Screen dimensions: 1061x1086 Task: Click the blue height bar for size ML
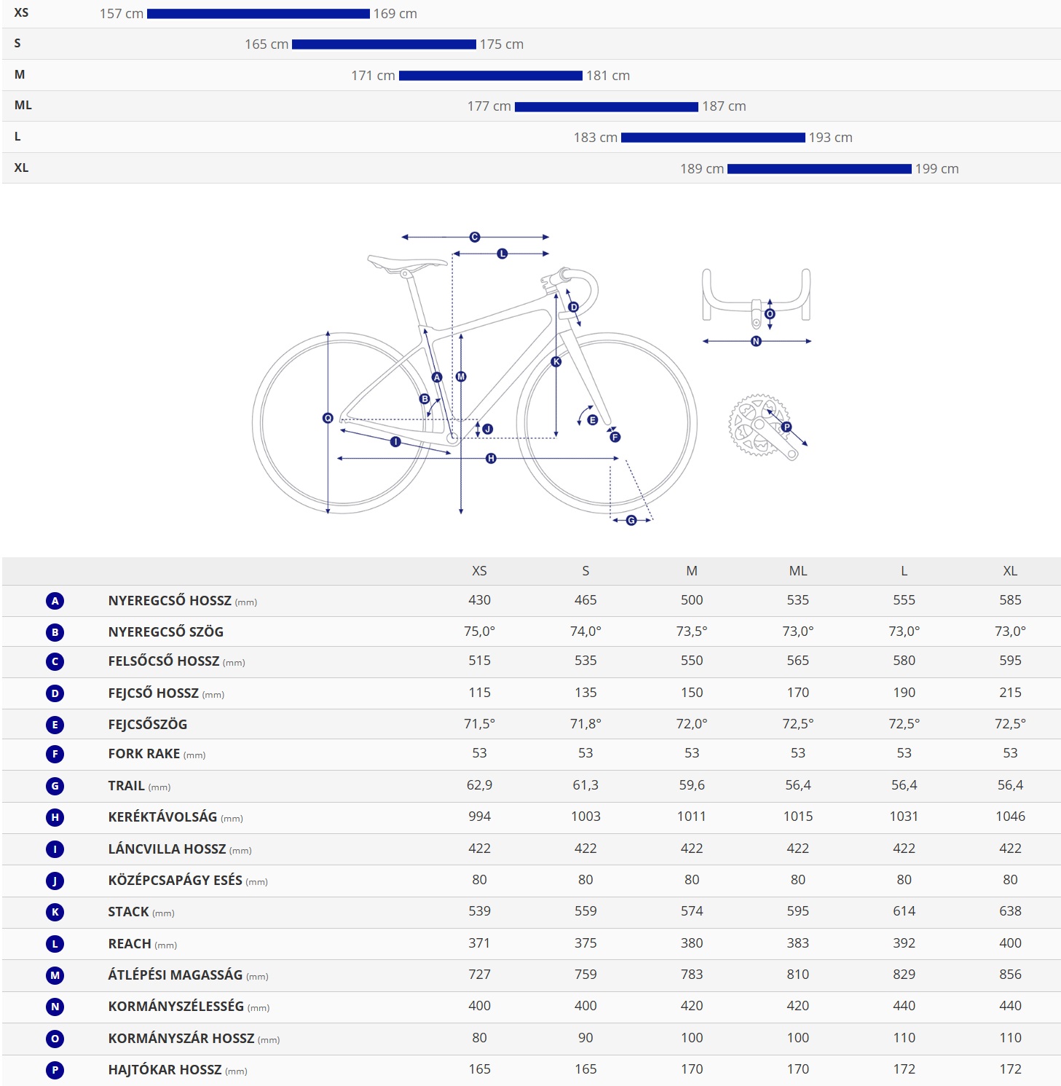[606, 107]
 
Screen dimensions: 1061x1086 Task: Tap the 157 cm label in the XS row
[121, 14]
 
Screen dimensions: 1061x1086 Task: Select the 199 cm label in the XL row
[936, 169]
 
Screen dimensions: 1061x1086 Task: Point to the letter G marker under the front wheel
[631, 520]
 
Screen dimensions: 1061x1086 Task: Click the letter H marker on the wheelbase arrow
[491, 458]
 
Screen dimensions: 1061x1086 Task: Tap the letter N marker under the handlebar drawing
[756, 341]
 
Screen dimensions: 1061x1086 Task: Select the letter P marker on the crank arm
[786, 427]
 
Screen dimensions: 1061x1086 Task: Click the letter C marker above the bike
[475, 237]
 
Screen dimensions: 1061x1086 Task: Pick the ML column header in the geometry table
[798, 571]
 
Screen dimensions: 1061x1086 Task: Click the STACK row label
[128, 912]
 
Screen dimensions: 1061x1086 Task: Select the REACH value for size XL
[1010, 943]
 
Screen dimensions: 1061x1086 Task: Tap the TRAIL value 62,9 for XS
[479, 785]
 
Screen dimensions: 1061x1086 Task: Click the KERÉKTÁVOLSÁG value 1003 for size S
[585, 817]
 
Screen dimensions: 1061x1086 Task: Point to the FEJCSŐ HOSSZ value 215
[1010, 693]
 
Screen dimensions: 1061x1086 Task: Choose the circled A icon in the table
[55, 601]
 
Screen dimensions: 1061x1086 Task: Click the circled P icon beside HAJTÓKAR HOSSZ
[55, 1070]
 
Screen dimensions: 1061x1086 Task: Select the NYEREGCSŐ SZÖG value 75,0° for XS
[479, 631]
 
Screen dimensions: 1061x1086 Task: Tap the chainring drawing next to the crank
[757, 425]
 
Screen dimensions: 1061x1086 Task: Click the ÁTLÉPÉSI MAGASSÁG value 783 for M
[692, 975]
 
